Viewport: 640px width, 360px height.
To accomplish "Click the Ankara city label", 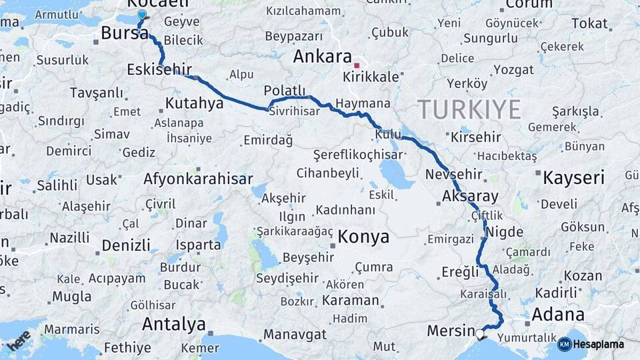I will pyautogui.click(x=322, y=56).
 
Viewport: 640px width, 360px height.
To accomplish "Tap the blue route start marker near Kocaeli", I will pyautogui.click(x=141, y=15).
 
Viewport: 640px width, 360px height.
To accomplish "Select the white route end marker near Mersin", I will pyautogui.click(x=480, y=333).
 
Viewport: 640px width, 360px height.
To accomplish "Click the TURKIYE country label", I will pyautogui.click(x=469, y=109).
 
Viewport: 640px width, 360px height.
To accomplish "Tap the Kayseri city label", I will pyautogui.click(x=573, y=178).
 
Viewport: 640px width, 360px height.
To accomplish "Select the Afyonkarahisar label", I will pyautogui.click(x=198, y=179).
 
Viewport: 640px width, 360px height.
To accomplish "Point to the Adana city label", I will pyautogui.click(x=559, y=314).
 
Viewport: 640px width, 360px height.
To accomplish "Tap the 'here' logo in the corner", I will pyautogui.click(x=18, y=340).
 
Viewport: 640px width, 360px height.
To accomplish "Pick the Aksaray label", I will pyautogui.click(x=470, y=197).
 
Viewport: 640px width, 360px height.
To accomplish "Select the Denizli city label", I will pyautogui.click(x=126, y=245).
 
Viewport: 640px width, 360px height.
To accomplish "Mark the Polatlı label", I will pyautogui.click(x=284, y=91).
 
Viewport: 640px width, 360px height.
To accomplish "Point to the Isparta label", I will pyautogui.click(x=199, y=245).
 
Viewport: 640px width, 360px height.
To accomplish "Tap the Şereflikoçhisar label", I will pyautogui.click(x=358, y=155).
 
